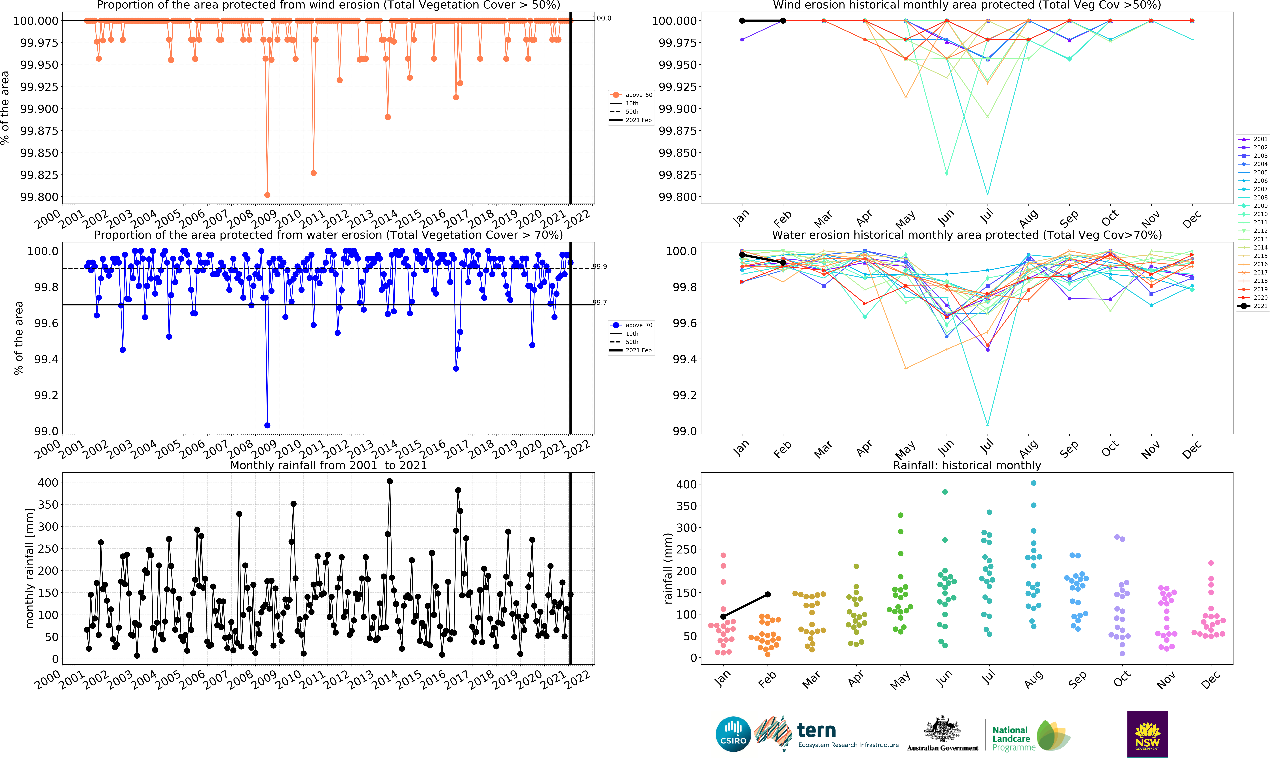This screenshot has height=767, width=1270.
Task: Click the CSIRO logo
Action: coord(733,734)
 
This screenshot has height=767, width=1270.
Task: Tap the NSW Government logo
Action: coord(1147,734)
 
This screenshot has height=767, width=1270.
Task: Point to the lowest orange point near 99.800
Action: coord(267,195)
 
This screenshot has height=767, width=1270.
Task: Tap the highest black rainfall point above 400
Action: coord(390,481)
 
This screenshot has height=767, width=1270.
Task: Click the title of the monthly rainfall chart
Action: coord(328,465)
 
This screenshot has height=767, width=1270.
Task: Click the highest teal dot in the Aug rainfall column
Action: coord(1033,483)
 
